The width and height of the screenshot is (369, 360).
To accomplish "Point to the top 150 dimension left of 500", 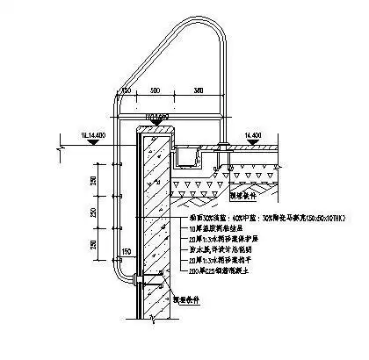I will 126,90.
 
